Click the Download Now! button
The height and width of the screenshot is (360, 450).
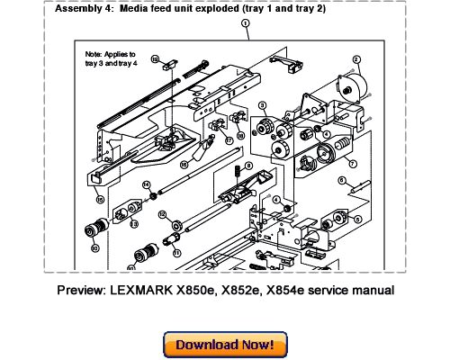pyautogui.click(x=224, y=344)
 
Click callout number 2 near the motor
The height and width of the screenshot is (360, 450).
pyautogui.click(x=357, y=58)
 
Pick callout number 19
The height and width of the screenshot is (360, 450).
pyautogui.click(x=156, y=59)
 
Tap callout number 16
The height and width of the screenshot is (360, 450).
pyautogui.click(x=184, y=165)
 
